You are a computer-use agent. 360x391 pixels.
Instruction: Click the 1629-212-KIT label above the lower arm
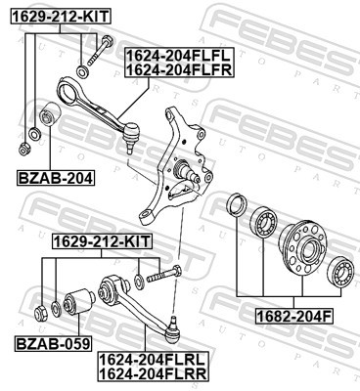(102, 239)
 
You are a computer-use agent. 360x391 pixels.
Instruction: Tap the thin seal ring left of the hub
(236, 207)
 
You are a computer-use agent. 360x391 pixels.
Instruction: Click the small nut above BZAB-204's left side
(22, 149)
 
